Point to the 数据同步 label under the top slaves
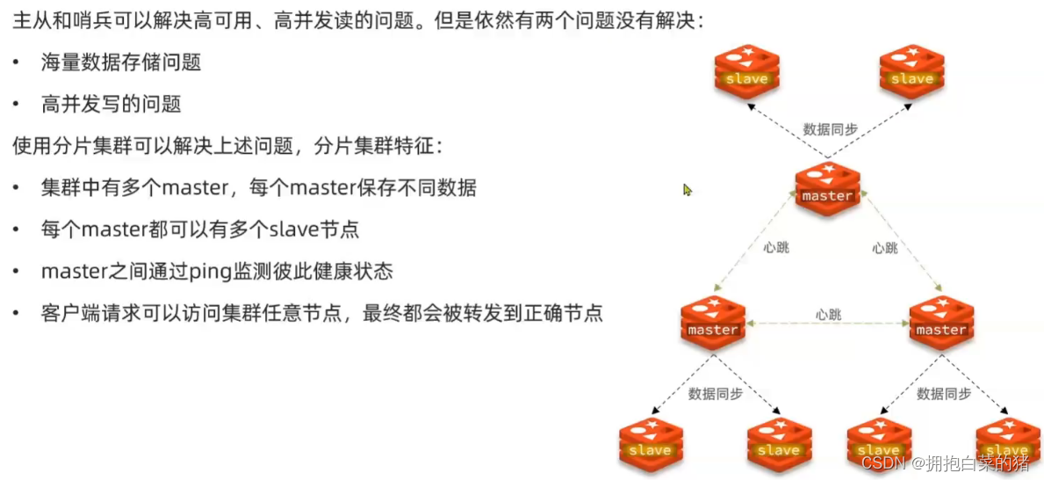point(830,129)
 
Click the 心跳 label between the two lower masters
point(828,314)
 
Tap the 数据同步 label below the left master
point(716,394)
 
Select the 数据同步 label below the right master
point(944,394)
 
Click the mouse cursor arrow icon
point(688,189)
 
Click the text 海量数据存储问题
point(121,62)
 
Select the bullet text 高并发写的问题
point(112,104)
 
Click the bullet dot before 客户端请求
point(18,314)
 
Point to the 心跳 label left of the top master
point(776,248)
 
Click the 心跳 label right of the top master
point(885,248)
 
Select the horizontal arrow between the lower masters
point(827,325)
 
